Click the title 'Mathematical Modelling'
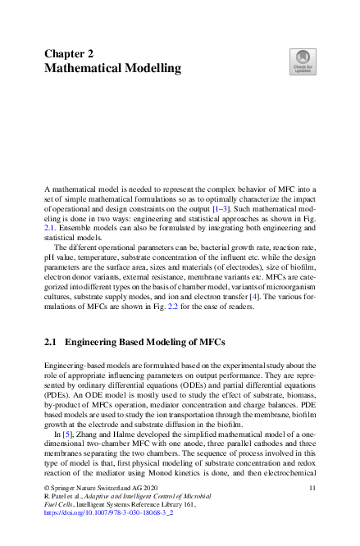(112, 68)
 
